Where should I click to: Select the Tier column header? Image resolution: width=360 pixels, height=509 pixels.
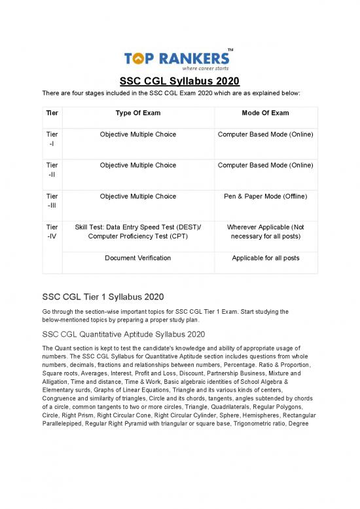click(52, 113)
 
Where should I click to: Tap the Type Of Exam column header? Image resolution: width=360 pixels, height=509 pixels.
click(137, 113)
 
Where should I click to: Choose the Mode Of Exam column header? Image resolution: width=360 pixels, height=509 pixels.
click(265, 113)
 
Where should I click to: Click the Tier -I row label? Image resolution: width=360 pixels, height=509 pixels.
click(52, 140)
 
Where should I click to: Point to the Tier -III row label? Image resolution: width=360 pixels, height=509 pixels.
click(52, 201)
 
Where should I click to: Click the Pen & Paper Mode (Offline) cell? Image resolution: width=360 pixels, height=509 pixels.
click(265, 197)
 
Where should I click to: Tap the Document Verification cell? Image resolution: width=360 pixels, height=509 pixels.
click(137, 258)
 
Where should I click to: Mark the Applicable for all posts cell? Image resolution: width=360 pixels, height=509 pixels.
click(265, 258)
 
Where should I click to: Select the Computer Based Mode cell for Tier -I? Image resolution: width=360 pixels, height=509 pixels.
click(265, 136)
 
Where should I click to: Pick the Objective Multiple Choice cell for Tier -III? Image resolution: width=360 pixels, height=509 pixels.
click(137, 197)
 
